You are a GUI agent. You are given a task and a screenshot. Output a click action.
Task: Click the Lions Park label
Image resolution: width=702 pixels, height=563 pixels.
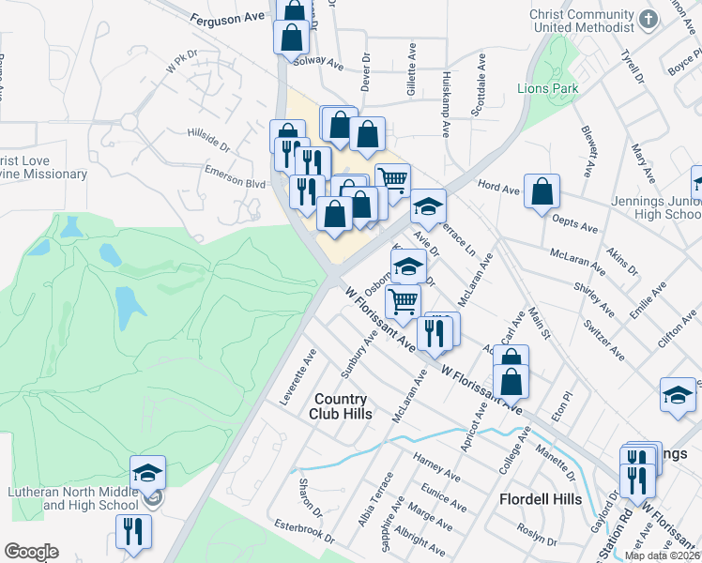547,89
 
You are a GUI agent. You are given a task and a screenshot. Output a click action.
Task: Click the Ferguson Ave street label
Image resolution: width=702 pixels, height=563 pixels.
227,18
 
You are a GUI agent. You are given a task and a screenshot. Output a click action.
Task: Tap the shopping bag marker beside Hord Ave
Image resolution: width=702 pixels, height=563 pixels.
542,192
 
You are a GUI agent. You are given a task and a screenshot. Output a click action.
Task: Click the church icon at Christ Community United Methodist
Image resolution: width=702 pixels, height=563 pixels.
648,19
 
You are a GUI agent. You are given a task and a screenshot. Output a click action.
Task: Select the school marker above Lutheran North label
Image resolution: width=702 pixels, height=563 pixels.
147,473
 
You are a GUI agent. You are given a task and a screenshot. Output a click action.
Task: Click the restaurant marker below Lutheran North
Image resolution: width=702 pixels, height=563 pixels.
133,531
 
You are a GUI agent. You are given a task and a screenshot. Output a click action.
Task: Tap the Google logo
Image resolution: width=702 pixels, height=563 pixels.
31,552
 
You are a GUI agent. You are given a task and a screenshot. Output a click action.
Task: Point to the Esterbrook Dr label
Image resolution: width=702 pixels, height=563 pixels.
301,529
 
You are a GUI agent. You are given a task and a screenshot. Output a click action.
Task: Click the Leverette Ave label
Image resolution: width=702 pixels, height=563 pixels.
298,376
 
